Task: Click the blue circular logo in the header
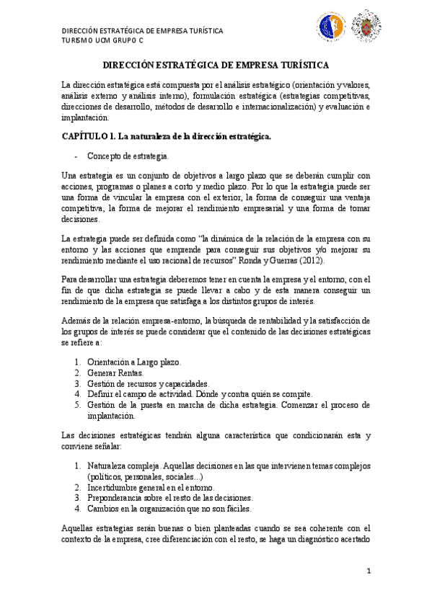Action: [x=332, y=27]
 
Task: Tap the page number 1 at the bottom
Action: [x=368, y=571]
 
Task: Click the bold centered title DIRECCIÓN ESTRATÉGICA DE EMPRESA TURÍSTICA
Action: [x=216, y=64]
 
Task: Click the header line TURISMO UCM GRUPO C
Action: [x=101, y=41]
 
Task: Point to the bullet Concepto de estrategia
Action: [x=128, y=156]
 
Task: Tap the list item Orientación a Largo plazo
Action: [x=134, y=362]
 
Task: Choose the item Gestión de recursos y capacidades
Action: [x=148, y=383]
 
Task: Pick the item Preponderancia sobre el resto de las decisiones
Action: [x=169, y=497]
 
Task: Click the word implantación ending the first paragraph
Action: [x=85, y=117]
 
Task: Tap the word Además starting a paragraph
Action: [x=76, y=319]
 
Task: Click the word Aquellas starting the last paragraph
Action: [x=78, y=528]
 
